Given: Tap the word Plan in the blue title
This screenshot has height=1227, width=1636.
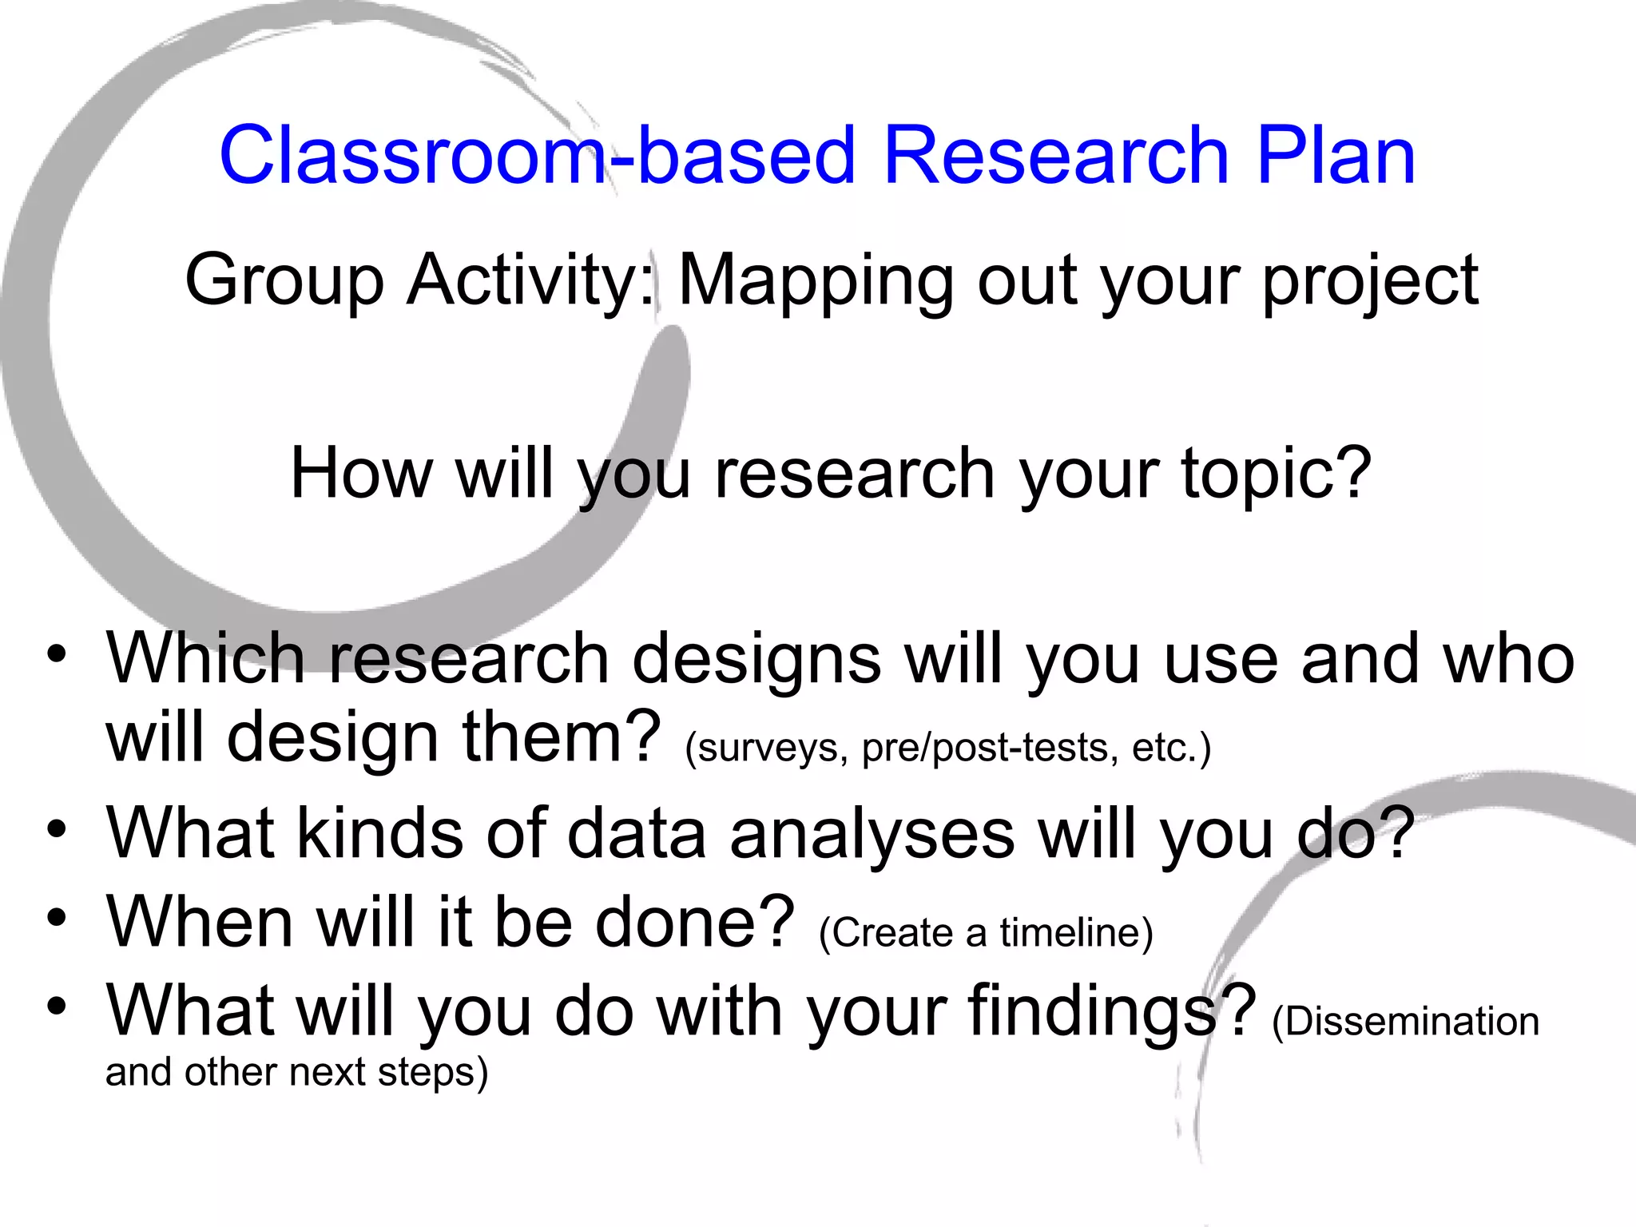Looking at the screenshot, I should click(x=1336, y=155).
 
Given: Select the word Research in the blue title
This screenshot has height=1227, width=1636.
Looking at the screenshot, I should click(x=1056, y=155).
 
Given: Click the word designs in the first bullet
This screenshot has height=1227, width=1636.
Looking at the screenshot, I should click(x=756, y=660).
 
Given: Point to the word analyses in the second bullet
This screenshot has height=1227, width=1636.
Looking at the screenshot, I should click(x=872, y=834).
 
